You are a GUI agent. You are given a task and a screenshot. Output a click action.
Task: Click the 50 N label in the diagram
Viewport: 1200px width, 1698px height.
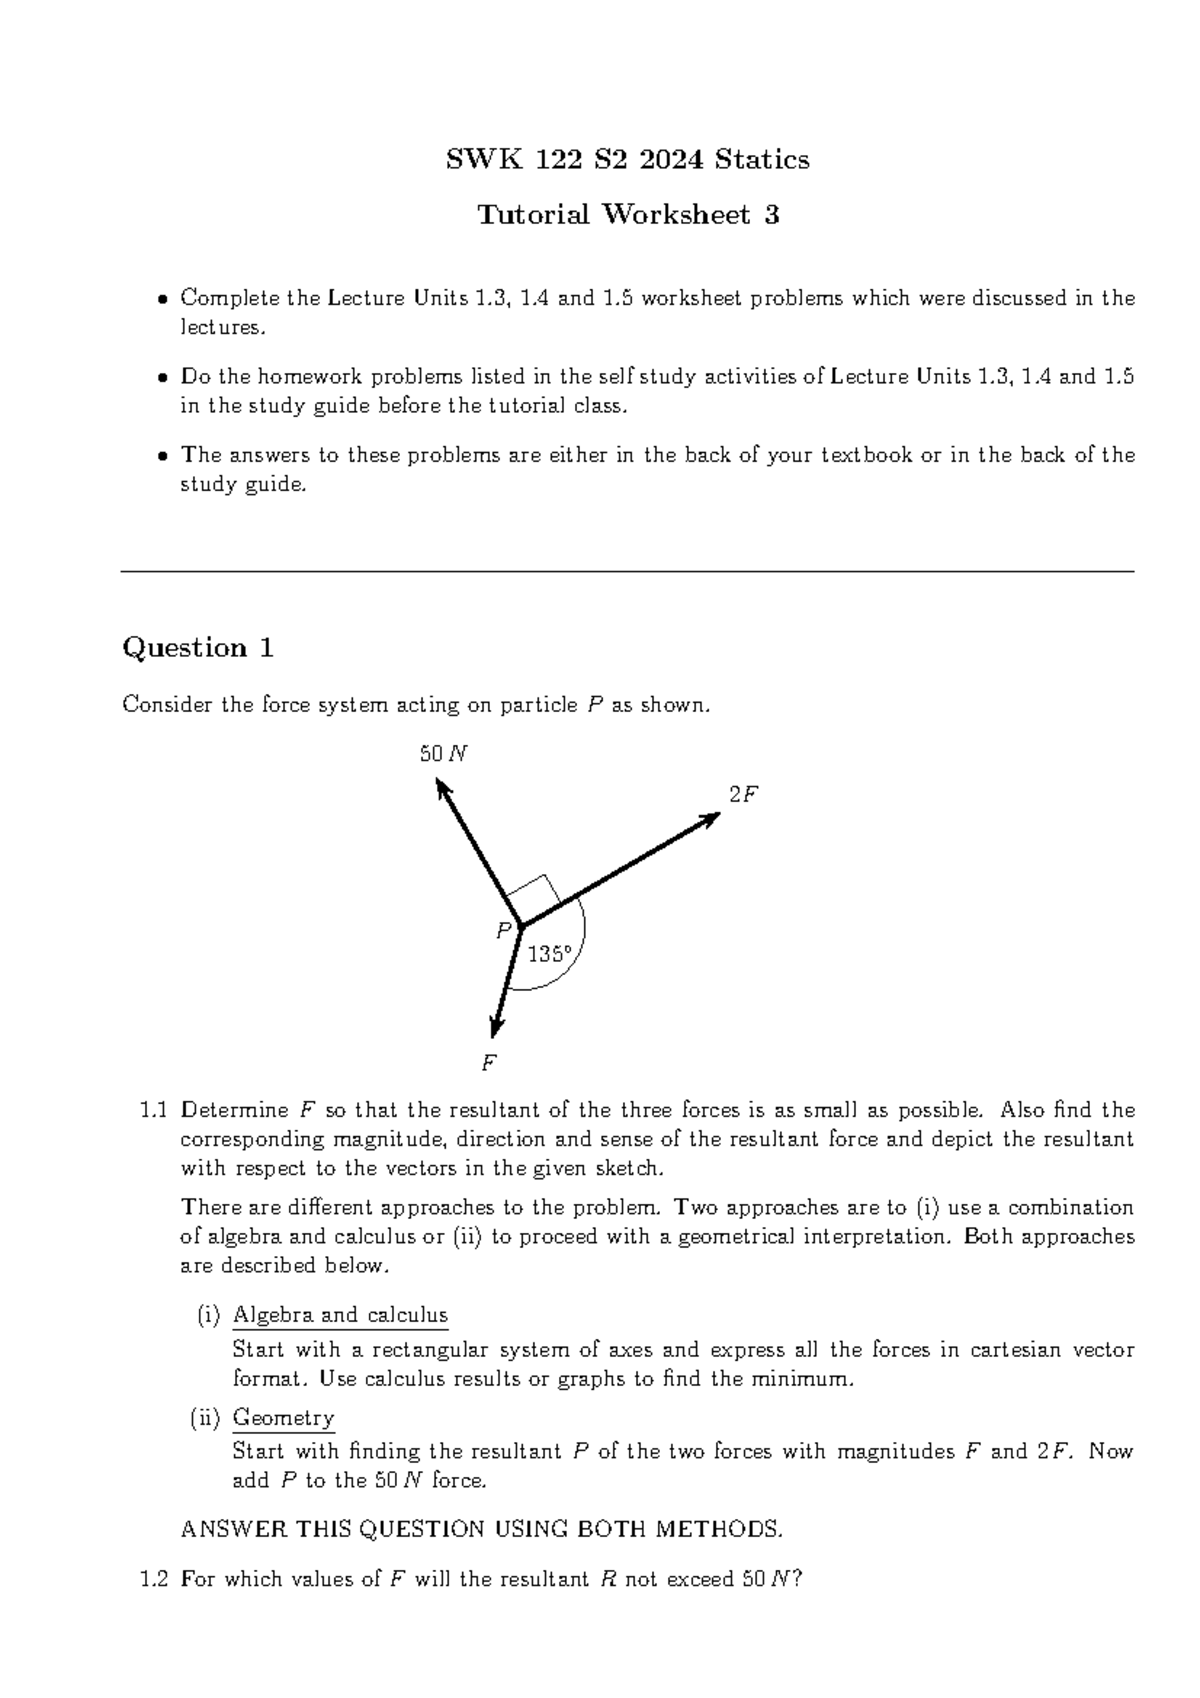pos(443,754)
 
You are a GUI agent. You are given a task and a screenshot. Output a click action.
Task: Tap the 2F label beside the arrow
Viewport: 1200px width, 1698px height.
pos(743,794)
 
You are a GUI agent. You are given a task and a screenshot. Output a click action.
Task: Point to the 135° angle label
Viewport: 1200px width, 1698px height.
pos(550,954)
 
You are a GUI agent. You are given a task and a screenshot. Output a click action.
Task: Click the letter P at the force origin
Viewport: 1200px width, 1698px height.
pos(503,931)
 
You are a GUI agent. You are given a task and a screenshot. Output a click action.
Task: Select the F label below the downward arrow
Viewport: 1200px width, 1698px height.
pos(489,1063)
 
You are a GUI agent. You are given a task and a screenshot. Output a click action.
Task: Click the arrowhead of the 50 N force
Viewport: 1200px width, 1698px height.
pos(442,789)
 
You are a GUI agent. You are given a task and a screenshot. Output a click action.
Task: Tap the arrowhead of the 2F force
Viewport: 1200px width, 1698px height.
pos(711,817)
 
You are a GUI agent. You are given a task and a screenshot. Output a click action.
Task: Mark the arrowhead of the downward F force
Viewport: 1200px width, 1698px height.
pos(495,1028)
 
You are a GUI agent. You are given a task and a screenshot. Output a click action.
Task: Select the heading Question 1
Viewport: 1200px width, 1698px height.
pos(198,648)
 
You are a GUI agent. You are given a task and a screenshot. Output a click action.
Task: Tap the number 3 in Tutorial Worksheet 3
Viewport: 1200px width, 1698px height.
pos(771,214)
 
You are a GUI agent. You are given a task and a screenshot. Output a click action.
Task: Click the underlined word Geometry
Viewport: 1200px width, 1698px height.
pos(283,1417)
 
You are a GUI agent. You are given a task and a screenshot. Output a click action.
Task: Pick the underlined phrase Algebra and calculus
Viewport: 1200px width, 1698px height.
pos(340,1315)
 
